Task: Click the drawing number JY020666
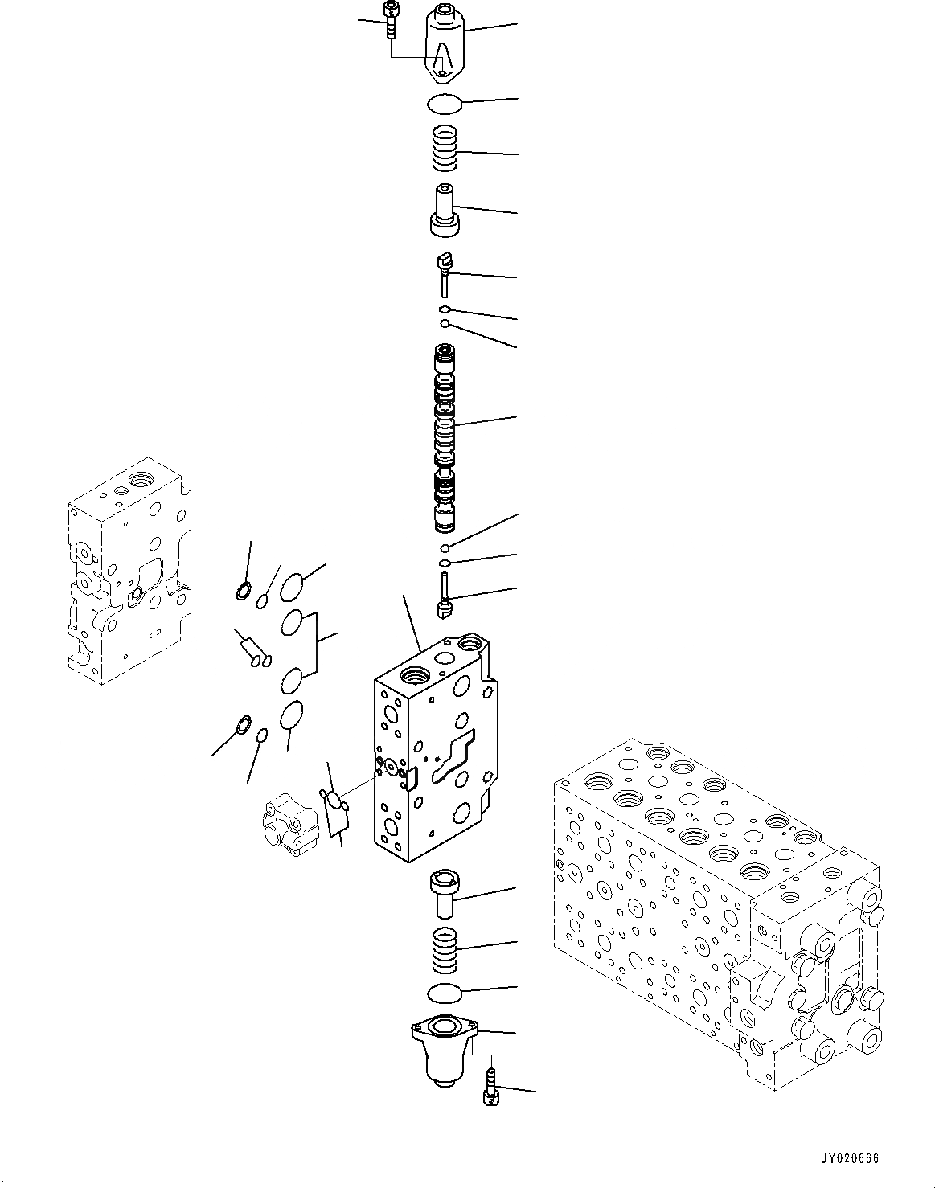pyautogui.click(x=850, y=1159)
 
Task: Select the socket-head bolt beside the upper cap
pyautogui.click(x=391, y=19)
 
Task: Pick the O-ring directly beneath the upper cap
pyautogui.click(x=444, y=103)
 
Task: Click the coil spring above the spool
pyautogui.click(x=444, y=150)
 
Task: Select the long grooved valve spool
pyautogui.click(x=444, y=438)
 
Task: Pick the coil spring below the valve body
pyautogui.click(x=445, y=948)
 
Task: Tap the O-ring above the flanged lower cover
pyautogui.click(x=444, y=993)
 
